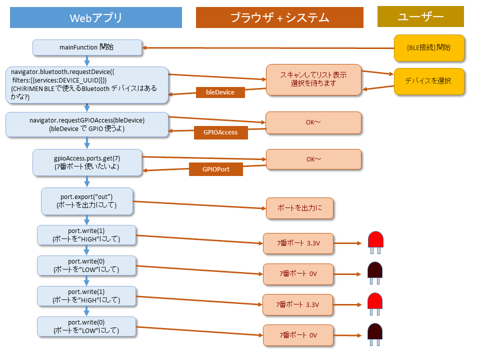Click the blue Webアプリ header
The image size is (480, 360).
tap(96, 18)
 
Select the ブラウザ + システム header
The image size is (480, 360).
tap(279, 18)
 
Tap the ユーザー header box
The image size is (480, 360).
tap(420, 17)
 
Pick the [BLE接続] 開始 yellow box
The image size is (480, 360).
tap(429, 48)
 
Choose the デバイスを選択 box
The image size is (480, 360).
tap(429, 80)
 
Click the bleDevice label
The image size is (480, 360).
tap(220, 92)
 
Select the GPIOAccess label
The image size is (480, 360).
tap(220, 132)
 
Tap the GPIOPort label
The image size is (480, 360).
tap(216, 169)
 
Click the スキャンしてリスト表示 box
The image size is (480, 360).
tap(313, 79)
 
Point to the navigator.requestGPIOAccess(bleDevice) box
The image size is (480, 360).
tap(87, 124)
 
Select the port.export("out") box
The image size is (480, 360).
tap(87, 201)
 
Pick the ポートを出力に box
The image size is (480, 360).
tap(299, 208)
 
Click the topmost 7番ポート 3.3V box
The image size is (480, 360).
tap(298, 243)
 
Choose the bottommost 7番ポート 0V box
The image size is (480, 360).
tap(298, 335)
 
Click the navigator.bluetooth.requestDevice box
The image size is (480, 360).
tap(87, 85)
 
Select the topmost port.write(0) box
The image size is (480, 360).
tap(86, 265)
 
